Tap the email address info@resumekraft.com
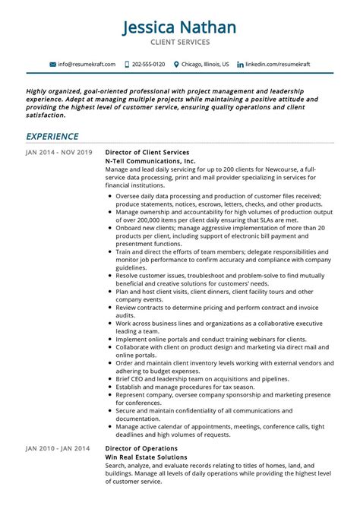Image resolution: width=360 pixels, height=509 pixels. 87,65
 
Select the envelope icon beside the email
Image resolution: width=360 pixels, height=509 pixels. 52,65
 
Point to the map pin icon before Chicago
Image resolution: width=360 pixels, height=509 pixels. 176,65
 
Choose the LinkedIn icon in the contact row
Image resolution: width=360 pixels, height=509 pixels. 240,65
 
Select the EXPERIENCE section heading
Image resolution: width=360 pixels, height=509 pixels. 52,137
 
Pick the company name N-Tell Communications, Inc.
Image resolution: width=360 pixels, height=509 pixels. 150,162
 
